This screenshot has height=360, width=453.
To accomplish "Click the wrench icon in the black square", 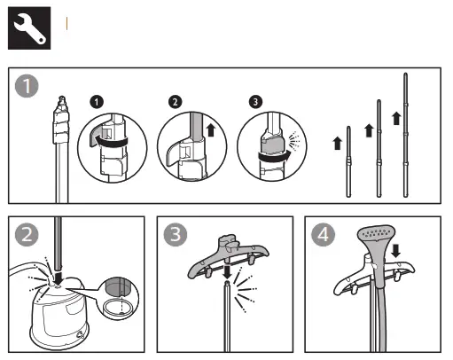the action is pyautogui.click(x=29, y=28).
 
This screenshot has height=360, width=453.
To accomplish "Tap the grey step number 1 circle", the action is pyautogui.click(x=27, y=86).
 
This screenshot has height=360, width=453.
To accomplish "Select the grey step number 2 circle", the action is pyautogui.click(x=27, y=235).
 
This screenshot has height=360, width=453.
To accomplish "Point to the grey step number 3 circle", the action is pyautogui.click(x=176, y=235).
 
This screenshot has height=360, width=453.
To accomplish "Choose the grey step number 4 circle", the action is pyautogui.click(x=323, y=235).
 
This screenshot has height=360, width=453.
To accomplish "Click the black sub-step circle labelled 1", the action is pyautogui.click(x=97, y=102).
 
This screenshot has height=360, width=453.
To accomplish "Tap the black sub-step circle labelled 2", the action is pyautogui.click(x=176, y=102).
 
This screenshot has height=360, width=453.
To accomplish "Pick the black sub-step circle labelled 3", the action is pyautogui.click(x=255, y=102).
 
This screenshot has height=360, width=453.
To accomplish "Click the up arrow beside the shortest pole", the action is pyautogui.click(x=337, y=143).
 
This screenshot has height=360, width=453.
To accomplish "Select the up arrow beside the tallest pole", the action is pyautogui.click(x=396, y=118).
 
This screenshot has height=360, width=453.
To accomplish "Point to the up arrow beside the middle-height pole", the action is pyautogui.click(x=369, y=130).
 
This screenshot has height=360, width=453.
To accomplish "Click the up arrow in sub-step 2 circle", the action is pyautogui.click(x=210, y=130).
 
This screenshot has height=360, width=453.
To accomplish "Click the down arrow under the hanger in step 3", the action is pyautogui.click(x=227, y=272).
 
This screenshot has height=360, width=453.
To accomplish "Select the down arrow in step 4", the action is pyautogui.click(x=395, y=251).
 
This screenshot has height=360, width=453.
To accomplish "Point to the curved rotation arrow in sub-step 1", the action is pyautogui.click(x=110, y=141).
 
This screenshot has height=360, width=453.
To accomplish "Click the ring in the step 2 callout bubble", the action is pyautogui.click(x=118, y=307).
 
